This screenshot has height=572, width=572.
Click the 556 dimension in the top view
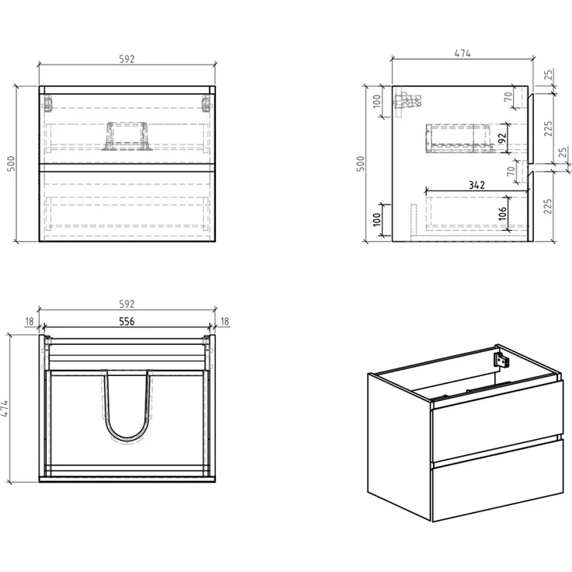[127, 322]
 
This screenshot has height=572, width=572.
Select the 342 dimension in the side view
[476, 185]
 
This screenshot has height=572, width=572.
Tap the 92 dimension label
[502, 138]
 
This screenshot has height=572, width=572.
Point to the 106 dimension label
[502, 214]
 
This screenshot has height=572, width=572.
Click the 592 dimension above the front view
[127, 59]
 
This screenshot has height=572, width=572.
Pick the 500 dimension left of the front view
[12, 163]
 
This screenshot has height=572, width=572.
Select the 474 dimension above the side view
[462, 54]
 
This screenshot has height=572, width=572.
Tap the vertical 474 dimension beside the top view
[4, 409]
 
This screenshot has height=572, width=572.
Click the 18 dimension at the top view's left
[30, 322]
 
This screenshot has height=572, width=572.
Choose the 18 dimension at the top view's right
[225, 322]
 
